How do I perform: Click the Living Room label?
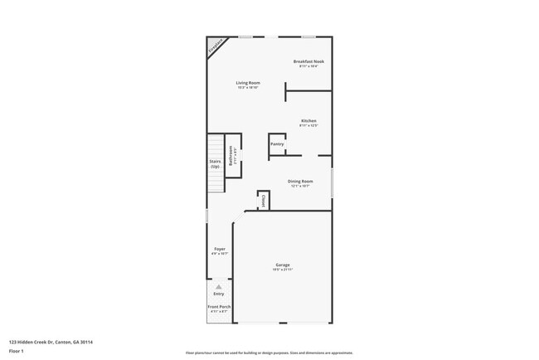[248, 82]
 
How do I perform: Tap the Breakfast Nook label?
[308, 61]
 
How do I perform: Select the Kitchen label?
[308, 120]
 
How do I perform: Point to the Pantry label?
[277, 144]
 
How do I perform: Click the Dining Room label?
[300, 181]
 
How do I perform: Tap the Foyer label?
[220, 248]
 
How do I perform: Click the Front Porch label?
[219, 307]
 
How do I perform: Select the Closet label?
[263, 200]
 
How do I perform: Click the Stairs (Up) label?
[215, 163]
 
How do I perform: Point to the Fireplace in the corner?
[216, 46]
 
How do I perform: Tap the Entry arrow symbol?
[219, 287]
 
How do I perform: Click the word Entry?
[219, 294]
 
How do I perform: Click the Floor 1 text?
[16, 351]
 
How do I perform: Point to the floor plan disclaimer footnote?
[269, 352]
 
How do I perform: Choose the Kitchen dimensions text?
[308, 125]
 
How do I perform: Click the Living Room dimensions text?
[248, 87]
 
